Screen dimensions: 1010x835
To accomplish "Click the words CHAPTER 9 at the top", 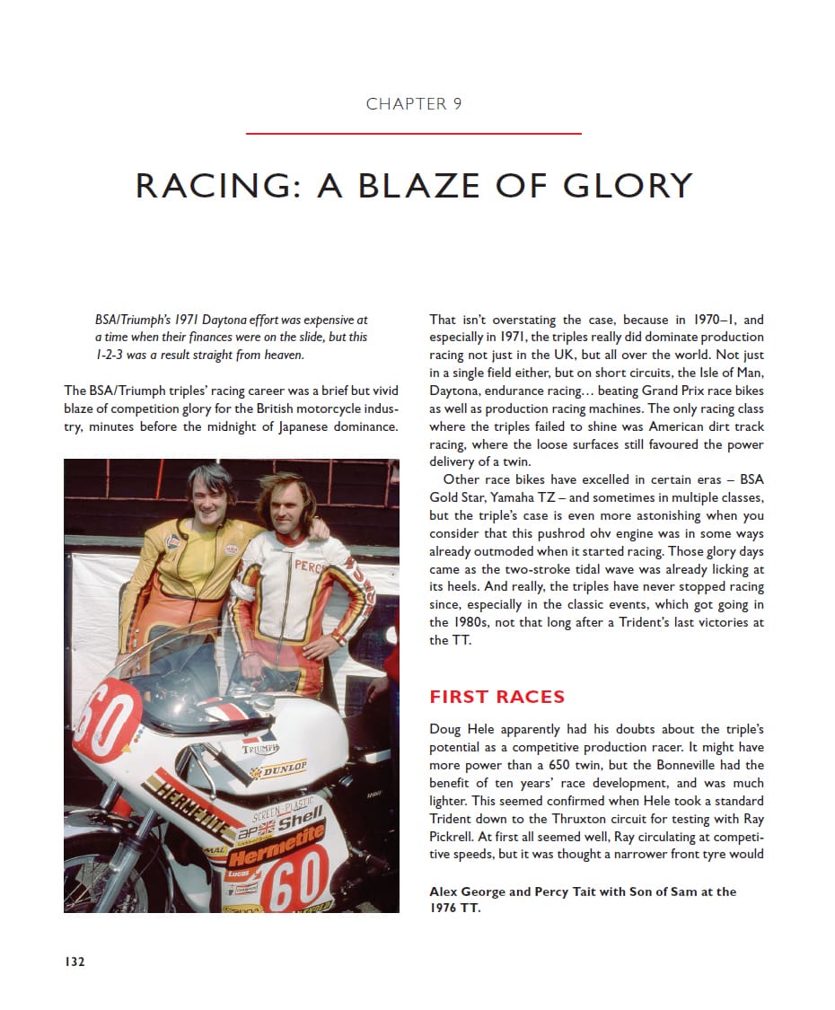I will [x=414, y=104].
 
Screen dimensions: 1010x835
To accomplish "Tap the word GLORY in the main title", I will [x=628, y=186].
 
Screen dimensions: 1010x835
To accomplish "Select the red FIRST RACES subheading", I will [x=497, y=697].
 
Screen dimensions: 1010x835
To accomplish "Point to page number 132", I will [x=74, y=962].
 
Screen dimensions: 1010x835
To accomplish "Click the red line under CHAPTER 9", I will [x=414, y=134].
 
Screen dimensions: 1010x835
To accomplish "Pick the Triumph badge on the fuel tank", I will [x=260, y=748].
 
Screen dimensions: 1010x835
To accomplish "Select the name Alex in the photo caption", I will [x=444, y=891].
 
